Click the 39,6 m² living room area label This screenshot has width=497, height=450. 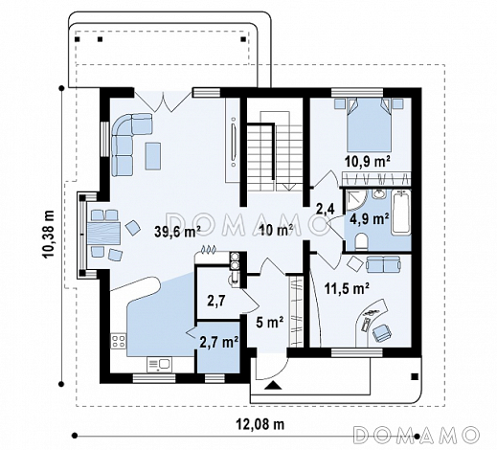point(177,232)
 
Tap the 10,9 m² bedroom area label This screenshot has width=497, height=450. point(367,162)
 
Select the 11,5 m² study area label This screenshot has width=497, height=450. point(347,289)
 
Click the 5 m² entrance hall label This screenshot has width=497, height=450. point(270,323)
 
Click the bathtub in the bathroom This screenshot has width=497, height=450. point(402,213)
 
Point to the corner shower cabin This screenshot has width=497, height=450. point(356,200)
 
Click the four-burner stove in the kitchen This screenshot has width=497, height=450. point(118,341)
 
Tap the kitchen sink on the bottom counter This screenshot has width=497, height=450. point(159,364)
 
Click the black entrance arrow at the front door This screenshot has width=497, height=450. point(273,385)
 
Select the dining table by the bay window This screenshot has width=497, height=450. point(103,234)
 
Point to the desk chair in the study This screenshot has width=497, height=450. point(381,332)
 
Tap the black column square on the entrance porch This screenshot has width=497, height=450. point(415,376)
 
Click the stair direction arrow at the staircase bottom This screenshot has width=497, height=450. point(288,187)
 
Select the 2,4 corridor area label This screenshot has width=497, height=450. point(326,210)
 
